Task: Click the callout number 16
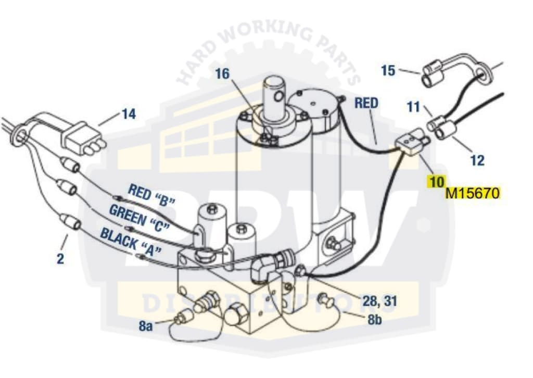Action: [x=222, y=73]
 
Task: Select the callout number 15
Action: [x=388, y=70]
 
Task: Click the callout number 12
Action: [x=477, y=160]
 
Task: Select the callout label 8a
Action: [x=147, y=326]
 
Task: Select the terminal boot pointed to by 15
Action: [x=434, y=72]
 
